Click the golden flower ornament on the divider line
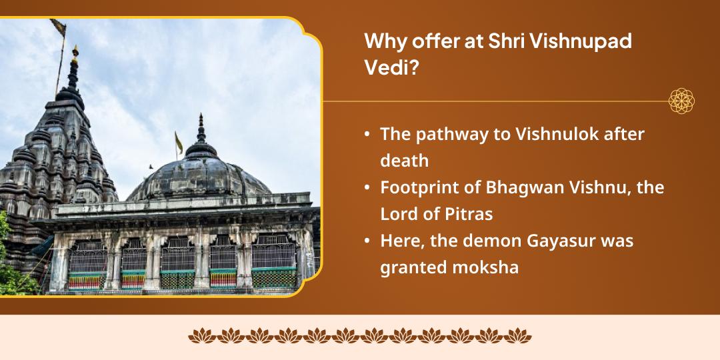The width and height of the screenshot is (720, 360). pos(681,101)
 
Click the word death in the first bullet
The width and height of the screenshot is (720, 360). pos(404,161)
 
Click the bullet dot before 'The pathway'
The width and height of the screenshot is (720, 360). pos(367,135)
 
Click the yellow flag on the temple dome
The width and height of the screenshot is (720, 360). pos(179,142)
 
